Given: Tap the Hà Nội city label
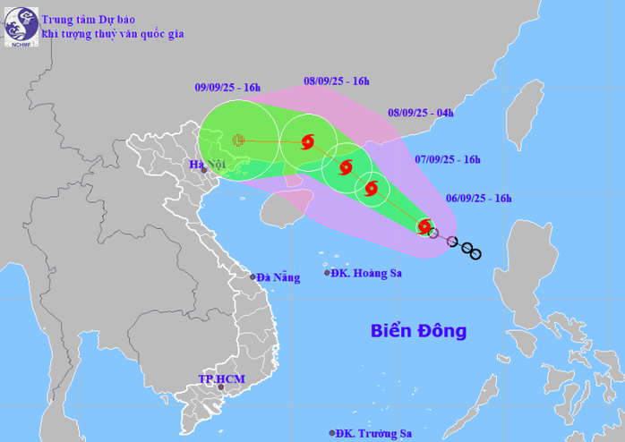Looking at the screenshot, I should (206, 164).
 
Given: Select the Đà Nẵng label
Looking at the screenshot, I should (278, 277).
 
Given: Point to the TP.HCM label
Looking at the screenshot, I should (221, 379).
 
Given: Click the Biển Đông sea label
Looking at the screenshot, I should (418, 331).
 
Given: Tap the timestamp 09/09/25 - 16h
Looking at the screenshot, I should (227, 87).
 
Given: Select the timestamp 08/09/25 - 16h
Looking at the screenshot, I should (337, 81).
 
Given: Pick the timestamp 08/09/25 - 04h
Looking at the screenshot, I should (420, 113).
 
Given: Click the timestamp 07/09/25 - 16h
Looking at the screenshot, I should (448, 159).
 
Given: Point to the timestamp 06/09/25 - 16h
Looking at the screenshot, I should (478, 198).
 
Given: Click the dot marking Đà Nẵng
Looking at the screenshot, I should (253, 277).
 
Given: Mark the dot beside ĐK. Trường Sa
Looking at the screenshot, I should (332, 433).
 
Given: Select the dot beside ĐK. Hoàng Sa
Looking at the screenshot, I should (327, 273).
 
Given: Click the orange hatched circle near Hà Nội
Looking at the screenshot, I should (237, 140).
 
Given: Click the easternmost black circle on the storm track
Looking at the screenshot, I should (475, 255).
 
